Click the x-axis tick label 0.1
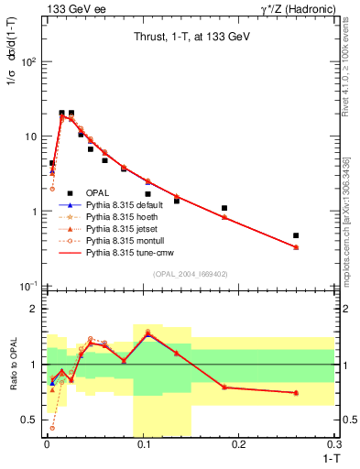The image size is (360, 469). click(x=142, y=442)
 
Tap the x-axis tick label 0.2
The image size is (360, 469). click(x=239, y=442)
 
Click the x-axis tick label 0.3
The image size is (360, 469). click(x=335, y=442)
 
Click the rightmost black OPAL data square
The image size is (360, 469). click(x=296, y=235)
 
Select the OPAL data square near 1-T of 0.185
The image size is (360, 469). click(x=224, y=208)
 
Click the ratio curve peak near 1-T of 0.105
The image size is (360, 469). click(x=147, y=333)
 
